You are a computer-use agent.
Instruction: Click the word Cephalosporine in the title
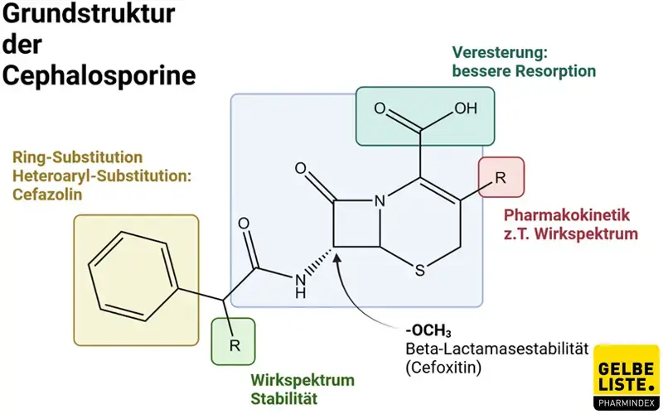99,75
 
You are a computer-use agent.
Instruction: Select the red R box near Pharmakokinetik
501,178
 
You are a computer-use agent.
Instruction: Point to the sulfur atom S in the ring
420,270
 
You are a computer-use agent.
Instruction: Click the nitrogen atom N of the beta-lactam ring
380,201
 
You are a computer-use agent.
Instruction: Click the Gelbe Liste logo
627,378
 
